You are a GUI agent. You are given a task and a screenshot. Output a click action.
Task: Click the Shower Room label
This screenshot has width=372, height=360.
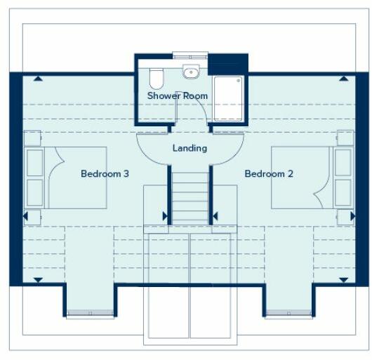[178, 95]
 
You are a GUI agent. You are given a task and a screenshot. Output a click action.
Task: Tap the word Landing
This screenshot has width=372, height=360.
[190, 148]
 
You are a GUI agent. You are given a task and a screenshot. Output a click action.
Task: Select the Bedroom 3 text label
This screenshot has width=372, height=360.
[105, 173]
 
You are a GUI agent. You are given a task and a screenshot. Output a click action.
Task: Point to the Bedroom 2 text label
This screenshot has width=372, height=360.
[269, 173]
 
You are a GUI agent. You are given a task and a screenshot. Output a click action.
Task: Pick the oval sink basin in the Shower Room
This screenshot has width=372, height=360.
[190, 72]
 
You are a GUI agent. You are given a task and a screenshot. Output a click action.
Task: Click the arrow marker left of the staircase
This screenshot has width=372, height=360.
[165, 216]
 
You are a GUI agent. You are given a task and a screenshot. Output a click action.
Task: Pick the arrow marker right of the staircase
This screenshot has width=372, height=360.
[215, 216]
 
